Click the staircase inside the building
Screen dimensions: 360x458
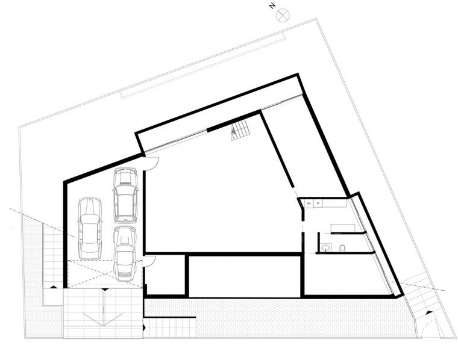tap(239, 129)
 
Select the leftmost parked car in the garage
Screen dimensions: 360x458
tap(89, 227)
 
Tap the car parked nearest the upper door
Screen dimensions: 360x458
tap(125, 194)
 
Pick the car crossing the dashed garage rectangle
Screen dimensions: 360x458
tap(125, 253)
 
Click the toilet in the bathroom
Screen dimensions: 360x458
tap(342, 247)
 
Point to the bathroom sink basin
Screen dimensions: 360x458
tap(326, 247)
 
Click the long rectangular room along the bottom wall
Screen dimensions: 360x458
tap(244, 276)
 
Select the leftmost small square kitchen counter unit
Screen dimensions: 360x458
tap(309, 203)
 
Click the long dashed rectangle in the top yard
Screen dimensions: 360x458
tap(202, 66)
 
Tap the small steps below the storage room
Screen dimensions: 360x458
tap(169, 327)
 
